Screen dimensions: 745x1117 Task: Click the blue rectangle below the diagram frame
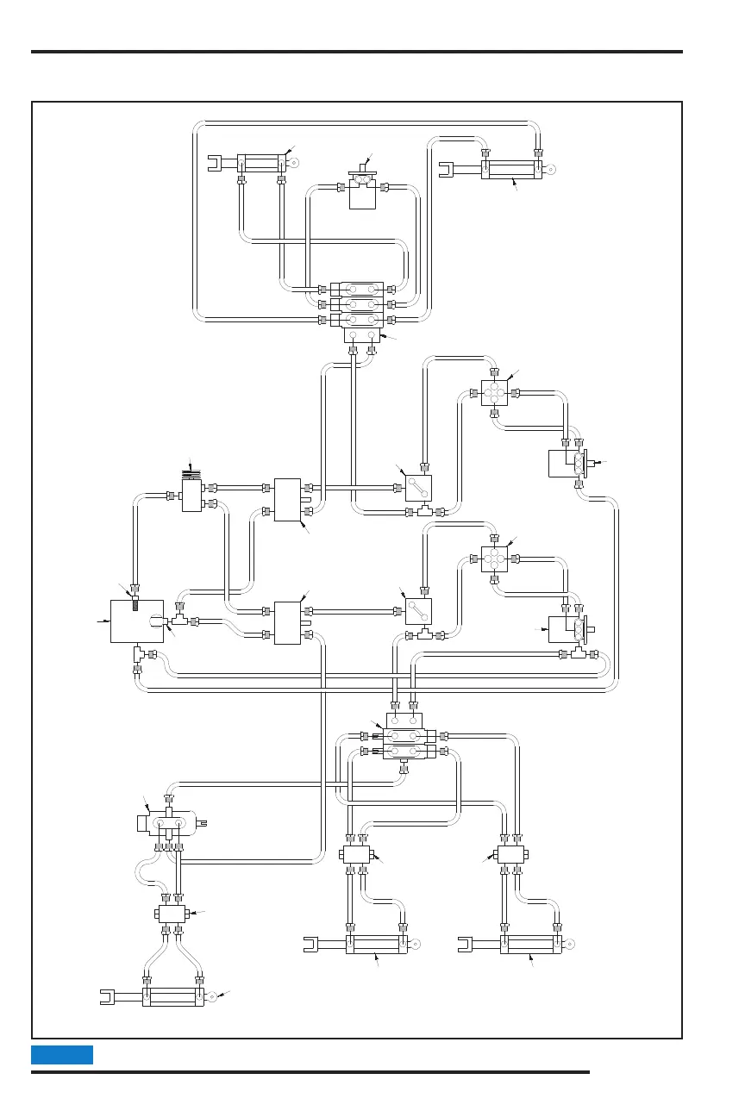[x=62, y=1055]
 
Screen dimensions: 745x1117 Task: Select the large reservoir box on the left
[x=137, y=621]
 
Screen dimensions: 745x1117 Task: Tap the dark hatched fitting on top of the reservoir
[x=135, y=603]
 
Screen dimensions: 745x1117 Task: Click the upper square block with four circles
[x=495, y=393]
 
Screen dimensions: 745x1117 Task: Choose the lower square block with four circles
[x=495, y=558]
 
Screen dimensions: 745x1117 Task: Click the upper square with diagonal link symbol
[x=418, y=489]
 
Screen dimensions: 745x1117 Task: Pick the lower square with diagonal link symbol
[x=418, y=611]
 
